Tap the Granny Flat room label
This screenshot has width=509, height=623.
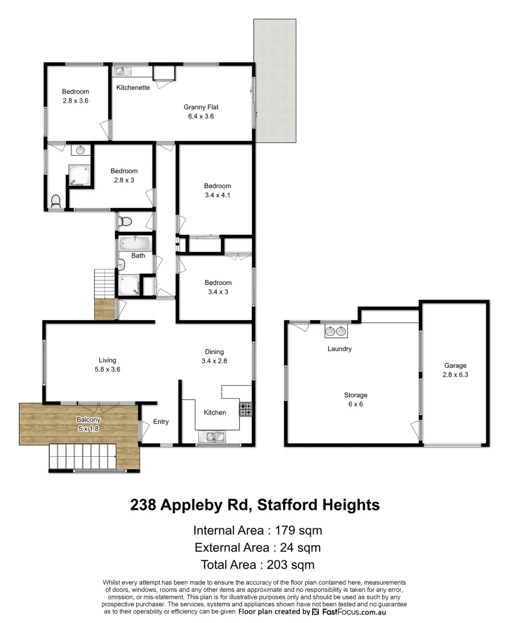pyautogui.click(x=201, y=107)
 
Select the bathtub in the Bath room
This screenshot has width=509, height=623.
pyautogui.click(x=135, y=243)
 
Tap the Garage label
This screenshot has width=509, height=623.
pyautogui.click(x=455, y=365)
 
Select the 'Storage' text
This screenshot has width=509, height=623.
pyautogui.click(x=356, y=395)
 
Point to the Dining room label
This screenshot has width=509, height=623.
pyautogui.click(x=214, y=352)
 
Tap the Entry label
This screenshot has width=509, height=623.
pyautogui.click(x=161, y=422)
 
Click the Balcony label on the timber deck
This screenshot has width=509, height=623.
pyautogui.click(x=88, y=419)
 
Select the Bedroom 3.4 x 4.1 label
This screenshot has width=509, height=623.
pyautogui.click(x=217, y=186)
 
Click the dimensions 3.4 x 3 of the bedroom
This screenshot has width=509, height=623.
pyautogui.click(x=217, y=292)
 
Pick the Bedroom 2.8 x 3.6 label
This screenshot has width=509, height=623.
pyautogui.click(x=76, y=92)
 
